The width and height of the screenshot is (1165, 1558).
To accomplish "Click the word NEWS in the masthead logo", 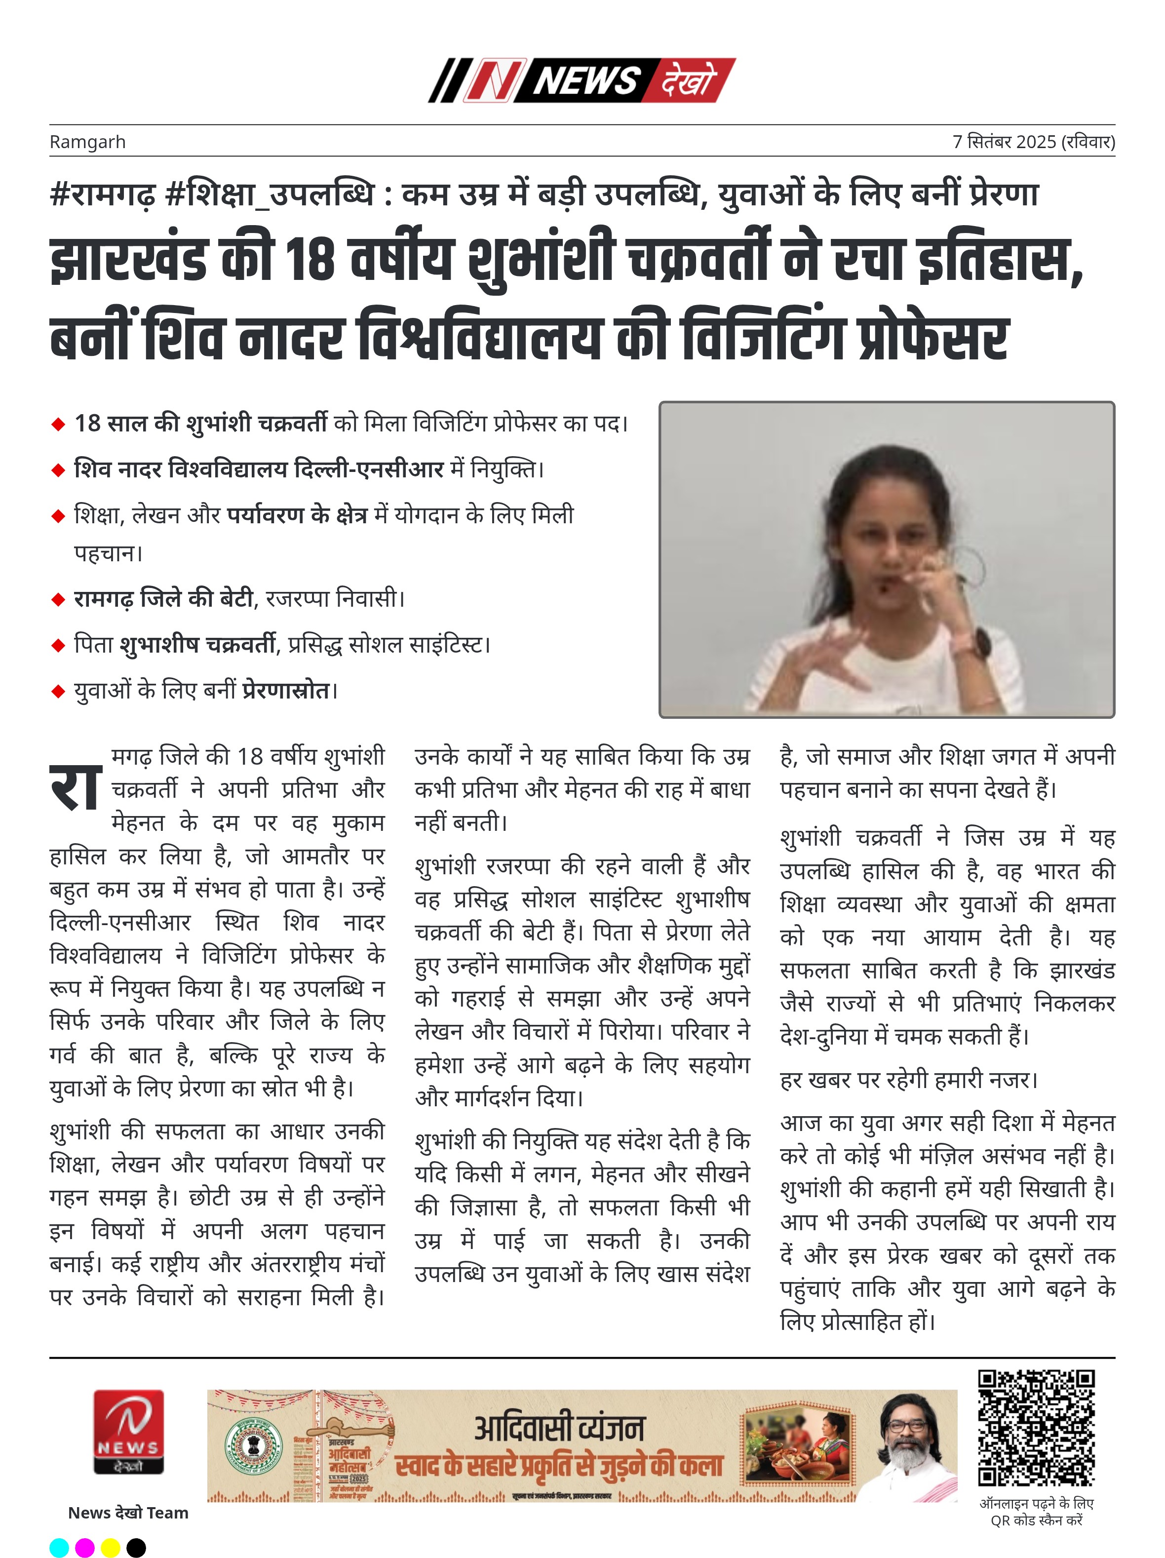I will (586, 81).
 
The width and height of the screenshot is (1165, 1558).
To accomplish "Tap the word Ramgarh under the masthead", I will (87, 142).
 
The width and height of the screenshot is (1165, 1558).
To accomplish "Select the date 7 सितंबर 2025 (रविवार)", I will (1033, 142).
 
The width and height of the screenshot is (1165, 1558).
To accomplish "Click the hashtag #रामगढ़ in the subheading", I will (102, 195).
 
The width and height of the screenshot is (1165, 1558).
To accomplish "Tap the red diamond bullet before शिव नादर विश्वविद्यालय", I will (58, 470).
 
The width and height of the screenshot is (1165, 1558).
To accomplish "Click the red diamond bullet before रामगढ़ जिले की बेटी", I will (58, 600).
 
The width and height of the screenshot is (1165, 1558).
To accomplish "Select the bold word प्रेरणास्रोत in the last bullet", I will (286, 691).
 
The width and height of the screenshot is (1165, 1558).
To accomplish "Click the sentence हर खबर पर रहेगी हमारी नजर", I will (909, 1080).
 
